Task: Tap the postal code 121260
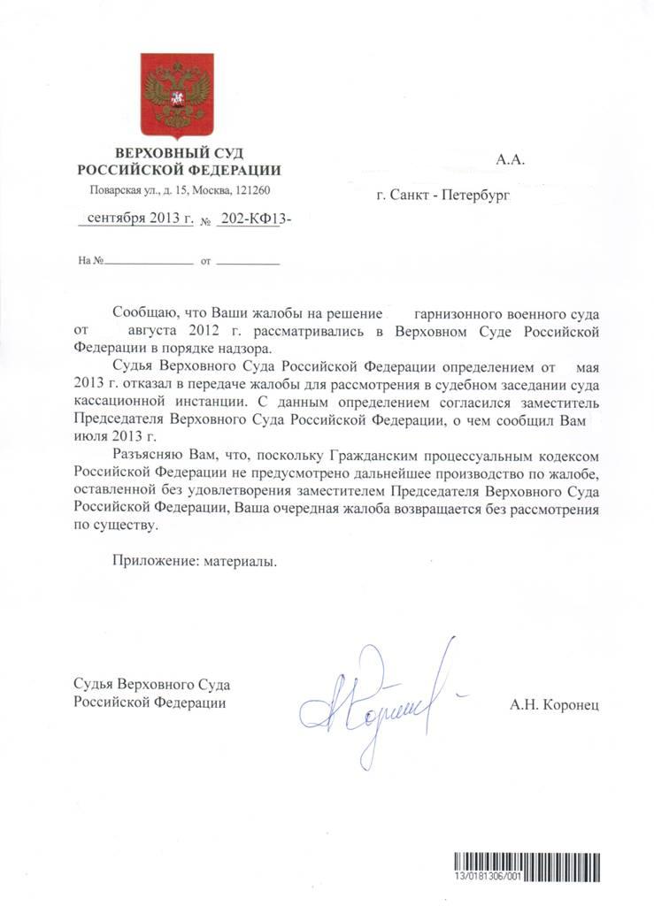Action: pos(250,190)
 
